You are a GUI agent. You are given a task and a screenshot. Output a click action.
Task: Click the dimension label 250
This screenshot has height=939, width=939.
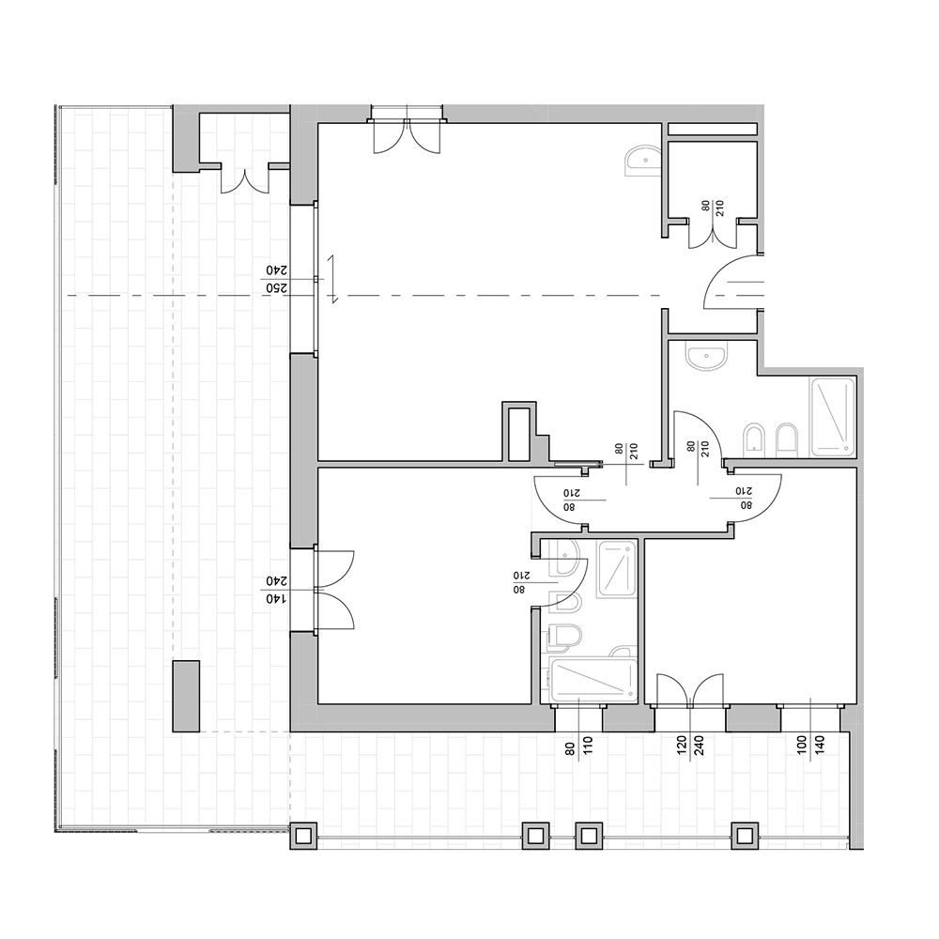pos(277,288)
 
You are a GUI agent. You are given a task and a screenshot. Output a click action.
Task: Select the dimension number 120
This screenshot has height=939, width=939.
pos(682,745)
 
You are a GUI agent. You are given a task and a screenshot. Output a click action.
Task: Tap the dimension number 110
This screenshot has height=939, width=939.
pos(588,745)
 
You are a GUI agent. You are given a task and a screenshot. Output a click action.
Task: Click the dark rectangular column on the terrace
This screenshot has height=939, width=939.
pos(186,696)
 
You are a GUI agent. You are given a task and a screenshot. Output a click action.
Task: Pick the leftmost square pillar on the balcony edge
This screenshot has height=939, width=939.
pos(303,836)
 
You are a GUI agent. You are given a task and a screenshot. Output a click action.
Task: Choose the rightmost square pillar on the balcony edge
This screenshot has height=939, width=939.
pos(745,836)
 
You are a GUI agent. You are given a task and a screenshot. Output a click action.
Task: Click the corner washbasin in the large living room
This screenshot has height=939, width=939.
pos(642,160)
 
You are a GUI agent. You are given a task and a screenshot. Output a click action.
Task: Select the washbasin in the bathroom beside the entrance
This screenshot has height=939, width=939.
pos(707,358)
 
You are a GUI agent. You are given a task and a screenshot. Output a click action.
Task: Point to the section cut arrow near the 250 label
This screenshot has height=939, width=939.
pos(332,279)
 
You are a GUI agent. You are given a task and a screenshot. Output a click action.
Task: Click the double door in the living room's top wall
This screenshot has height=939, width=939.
pos(407,135)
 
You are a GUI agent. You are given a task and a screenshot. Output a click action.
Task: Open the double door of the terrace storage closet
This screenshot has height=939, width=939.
pos(245,178)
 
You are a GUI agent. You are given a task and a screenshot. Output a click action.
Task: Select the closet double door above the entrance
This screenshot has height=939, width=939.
pos(712,234)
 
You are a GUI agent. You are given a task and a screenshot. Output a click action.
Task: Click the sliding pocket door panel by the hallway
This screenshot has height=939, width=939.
pos(577,463)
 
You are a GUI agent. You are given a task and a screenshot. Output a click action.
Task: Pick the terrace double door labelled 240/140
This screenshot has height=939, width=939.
pos(334,590)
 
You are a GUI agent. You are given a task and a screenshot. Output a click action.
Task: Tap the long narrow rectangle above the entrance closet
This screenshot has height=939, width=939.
pos(713,129)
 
